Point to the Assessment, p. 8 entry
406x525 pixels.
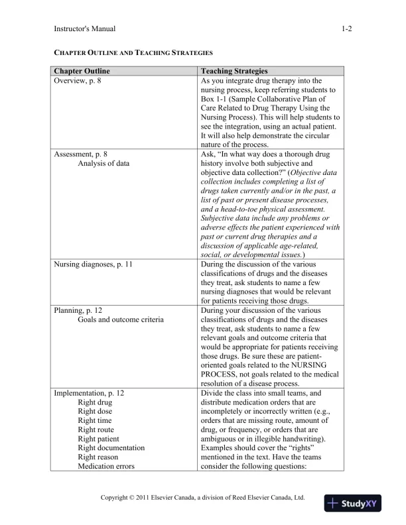coord(80,154)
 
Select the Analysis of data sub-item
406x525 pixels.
coord(103,164)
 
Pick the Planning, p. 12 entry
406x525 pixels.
coord(78,310)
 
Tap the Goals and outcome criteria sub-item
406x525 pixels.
coord(121,320)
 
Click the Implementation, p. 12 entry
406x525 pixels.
coord(89,392)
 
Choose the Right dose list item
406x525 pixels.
coord(96,411)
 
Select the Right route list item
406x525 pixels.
coord(96,430)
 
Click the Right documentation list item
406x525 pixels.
coord(111,448)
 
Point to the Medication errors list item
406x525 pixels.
coord(106,466)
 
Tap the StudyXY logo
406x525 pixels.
coord(356,503)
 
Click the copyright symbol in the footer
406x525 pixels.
coord(135,497)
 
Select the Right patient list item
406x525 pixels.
coord(99,439)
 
